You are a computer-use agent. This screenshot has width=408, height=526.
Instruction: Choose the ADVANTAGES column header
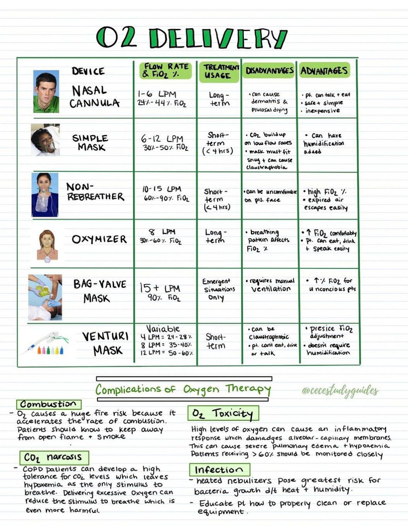[324, 71]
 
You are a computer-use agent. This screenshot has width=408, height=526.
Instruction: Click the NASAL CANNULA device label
[94, 97]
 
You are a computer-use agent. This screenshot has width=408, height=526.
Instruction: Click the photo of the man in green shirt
[46, 92]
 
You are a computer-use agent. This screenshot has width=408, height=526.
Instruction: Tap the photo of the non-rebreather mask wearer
[45, 195]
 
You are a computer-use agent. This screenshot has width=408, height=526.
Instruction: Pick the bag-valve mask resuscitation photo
[45, 297]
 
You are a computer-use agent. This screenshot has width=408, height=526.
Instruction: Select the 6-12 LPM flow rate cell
[165, 143]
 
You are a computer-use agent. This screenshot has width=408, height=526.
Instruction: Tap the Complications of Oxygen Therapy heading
[183, 390]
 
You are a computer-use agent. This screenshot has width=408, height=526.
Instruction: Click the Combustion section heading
[49, 404]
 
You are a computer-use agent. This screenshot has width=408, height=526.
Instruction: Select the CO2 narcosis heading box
[54, 458]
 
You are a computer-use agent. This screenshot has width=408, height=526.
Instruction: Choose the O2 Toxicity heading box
[223, 414]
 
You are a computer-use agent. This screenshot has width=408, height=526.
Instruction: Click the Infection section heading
[219, 470]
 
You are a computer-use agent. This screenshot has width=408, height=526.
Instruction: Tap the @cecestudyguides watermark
[340, 391]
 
